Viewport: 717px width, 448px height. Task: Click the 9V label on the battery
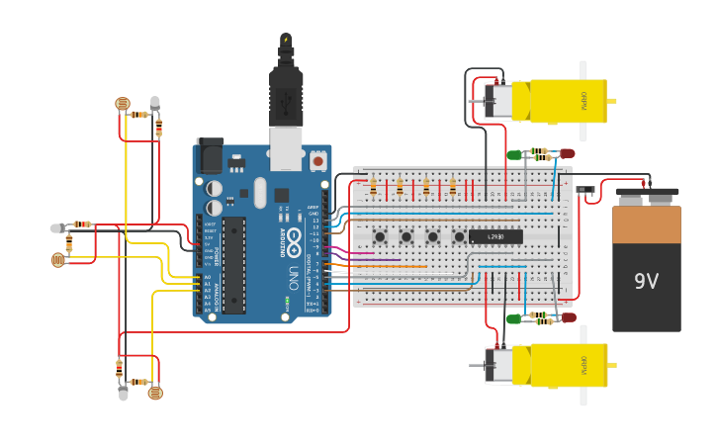click(x=646, y=282)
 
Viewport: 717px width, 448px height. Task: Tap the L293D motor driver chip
click(x=495, y=236)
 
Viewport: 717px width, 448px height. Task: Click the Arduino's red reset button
click(x=317, y=159)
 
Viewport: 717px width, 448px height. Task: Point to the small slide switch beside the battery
click(x=585, y=189)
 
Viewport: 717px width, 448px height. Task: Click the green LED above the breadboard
click(x=514, y=154)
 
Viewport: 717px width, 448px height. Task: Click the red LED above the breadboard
click(x=567, y=153)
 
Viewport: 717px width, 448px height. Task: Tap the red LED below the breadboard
click(x=568, y=317)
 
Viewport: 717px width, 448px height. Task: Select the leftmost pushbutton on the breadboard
click(x=380, y=236)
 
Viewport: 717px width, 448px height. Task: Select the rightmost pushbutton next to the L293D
click(x=459, y=236)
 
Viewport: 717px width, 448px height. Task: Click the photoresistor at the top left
click(x=123, y=104)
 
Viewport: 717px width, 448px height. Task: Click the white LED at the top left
click(x=155, y=102)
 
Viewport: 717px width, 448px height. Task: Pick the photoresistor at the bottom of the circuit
click(x=154, y=393)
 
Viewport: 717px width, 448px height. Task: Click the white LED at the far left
click(x=56, y=228)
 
